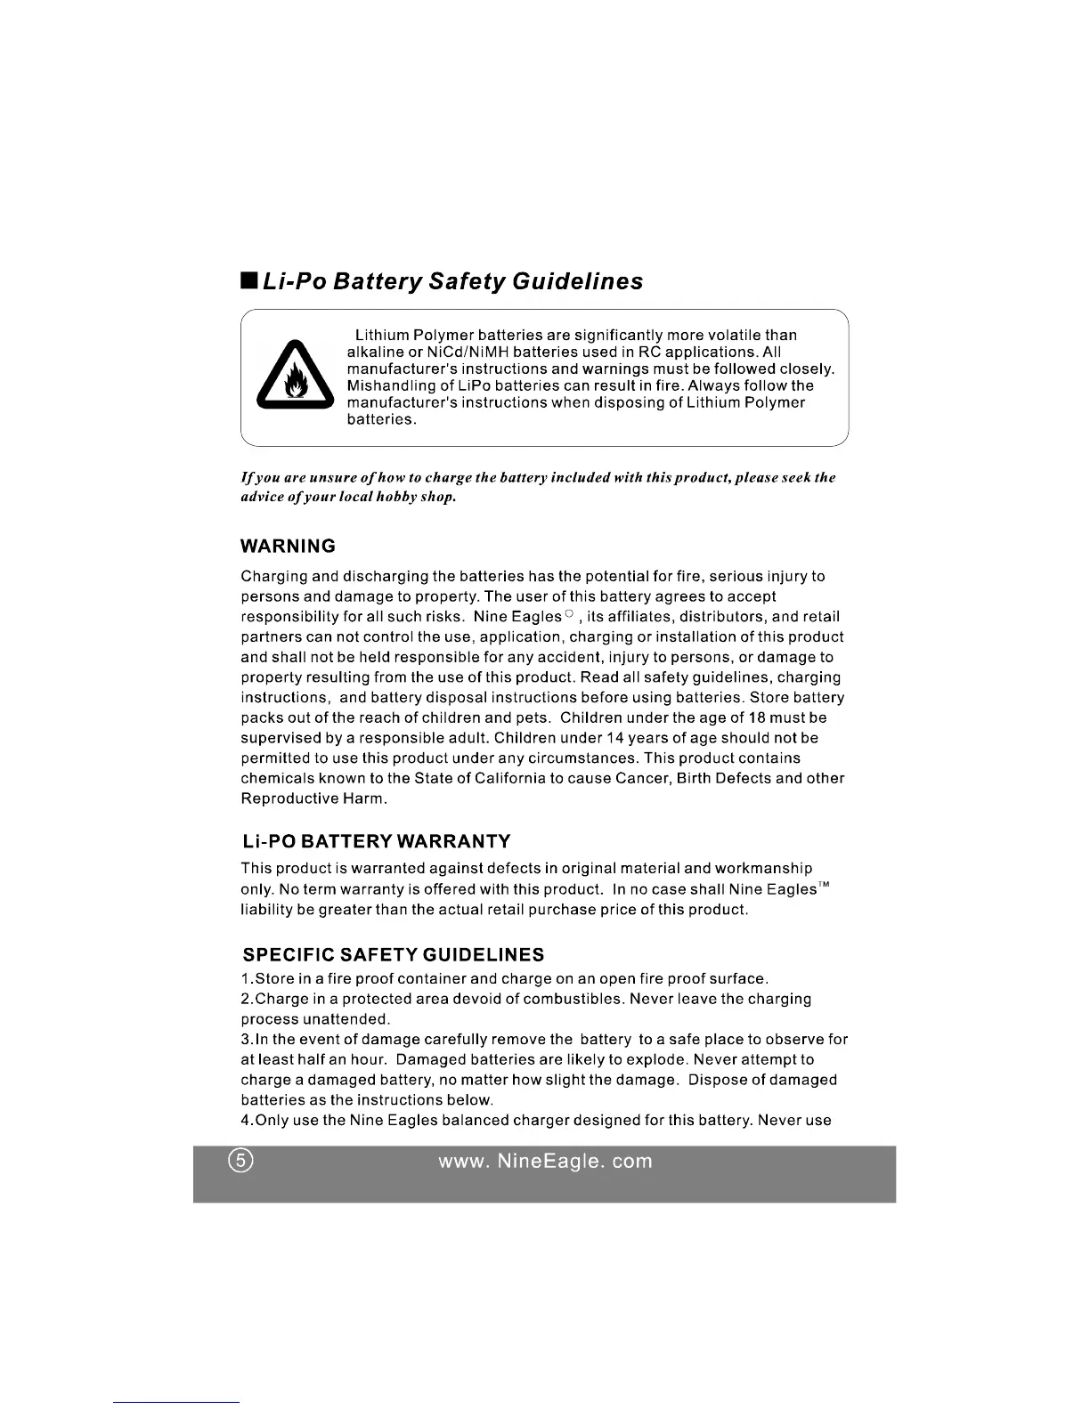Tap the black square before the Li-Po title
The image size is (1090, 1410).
click(x=248, y=280)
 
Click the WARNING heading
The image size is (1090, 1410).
click(x=289, y=546)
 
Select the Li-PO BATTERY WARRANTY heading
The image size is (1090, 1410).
click(x=377, y=841)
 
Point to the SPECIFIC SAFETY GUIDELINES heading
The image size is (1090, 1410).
click(x=394, y=955)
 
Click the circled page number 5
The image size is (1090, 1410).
click(x=240, y=1162)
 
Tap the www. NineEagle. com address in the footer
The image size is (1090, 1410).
click(x=545, y=1162)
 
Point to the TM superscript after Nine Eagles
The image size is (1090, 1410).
click(x=825, y=885)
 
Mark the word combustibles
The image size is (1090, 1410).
click(x=573, y=999)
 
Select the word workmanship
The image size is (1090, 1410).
click(x=763, y=869)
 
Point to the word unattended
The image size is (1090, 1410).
click(x=346, y=1019)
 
